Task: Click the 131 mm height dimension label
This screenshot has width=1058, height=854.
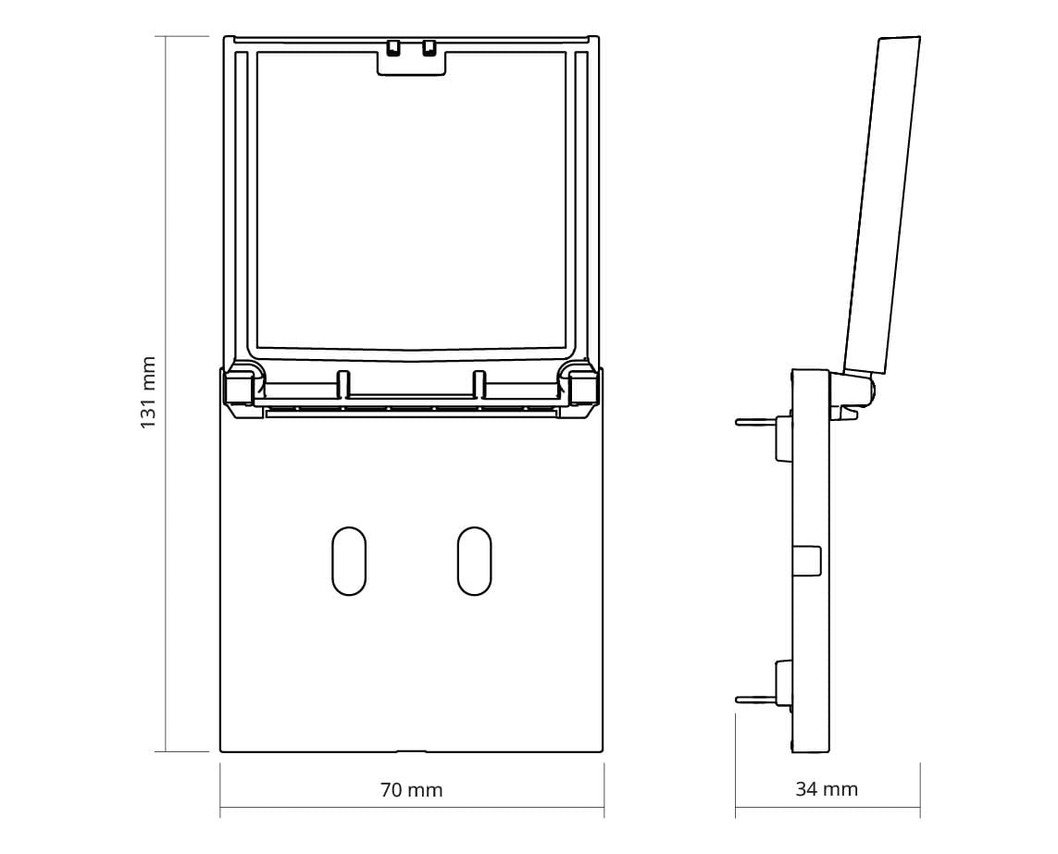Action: [148, 392]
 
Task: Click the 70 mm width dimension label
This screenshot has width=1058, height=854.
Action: [412, 789]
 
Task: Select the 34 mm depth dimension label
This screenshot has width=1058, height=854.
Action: [827, 788]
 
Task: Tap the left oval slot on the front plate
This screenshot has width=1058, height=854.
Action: [350, 561]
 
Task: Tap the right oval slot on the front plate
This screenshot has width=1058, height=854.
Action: [474, 561]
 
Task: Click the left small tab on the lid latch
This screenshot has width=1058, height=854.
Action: [393, 48]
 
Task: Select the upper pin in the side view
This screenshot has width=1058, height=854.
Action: [755, 423]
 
